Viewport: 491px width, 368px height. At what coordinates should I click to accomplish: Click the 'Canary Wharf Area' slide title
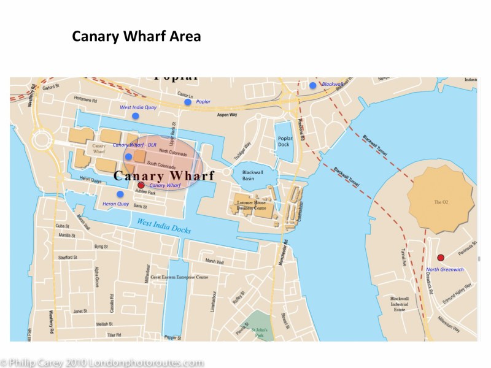pos(136,36)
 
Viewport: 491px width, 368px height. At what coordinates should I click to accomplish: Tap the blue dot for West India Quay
pos(135,115)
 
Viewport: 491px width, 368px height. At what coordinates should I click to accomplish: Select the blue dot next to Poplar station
pos(187,102)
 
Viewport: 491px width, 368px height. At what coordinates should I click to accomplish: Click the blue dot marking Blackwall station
pos(313,85)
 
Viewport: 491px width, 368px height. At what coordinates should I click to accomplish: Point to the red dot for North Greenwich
pos(440,257)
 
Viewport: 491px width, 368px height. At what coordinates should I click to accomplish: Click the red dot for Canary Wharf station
pos(141,185)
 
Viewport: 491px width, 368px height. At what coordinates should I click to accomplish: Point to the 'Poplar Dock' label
pos(284,142)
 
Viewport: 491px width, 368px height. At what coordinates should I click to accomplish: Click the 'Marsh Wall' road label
pos(215,261)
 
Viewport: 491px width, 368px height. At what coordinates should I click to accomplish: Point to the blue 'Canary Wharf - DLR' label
pos(134,145)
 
